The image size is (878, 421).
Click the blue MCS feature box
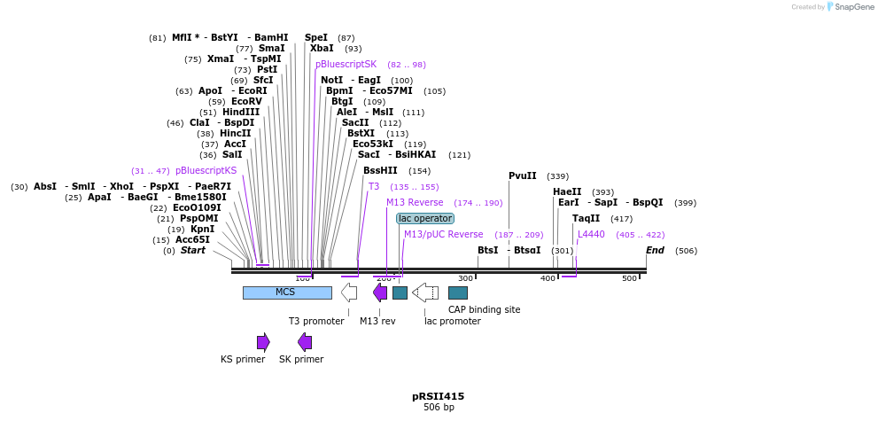point(286,292)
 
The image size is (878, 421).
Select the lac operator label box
point(425,218)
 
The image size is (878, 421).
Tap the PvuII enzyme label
point(522,175)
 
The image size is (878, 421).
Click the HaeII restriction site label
point(567,191)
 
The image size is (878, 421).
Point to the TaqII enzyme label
point(586,218)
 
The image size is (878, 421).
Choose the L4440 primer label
point(591,234)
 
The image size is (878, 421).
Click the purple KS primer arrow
point(263,342)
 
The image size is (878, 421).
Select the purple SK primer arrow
point(305,342)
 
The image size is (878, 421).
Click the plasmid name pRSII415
point(438,396)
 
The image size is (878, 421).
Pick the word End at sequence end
point(655,250)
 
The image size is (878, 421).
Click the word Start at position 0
point(192,250)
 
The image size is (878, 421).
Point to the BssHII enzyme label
point(380,170)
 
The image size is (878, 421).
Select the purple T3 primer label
point(374,186)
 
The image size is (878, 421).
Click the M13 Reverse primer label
point(415,202)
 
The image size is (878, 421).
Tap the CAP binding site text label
point(484,309)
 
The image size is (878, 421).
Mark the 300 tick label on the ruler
point(465,278)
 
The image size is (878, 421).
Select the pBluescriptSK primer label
point(346,64)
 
